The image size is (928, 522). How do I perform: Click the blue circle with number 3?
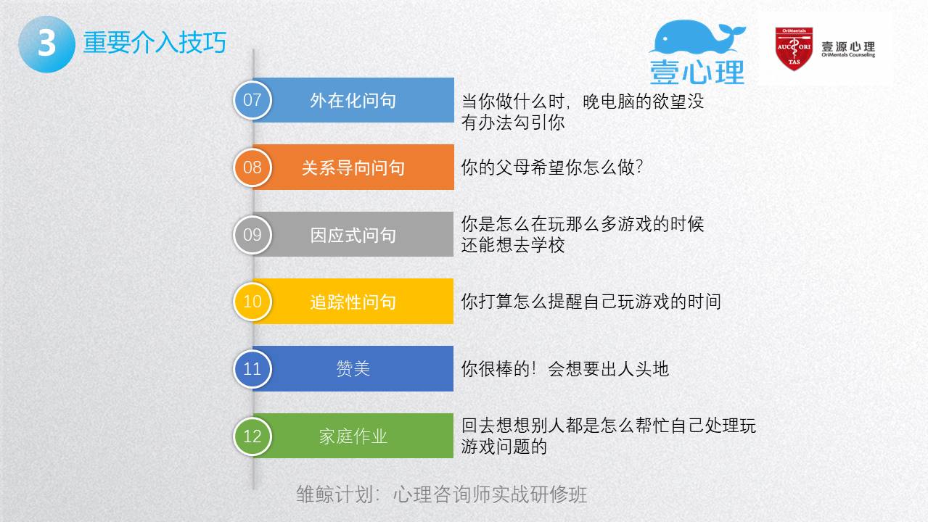(x=46, y=44)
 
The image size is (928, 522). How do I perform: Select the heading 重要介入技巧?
(x=155, y=43)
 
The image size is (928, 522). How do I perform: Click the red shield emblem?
(x=794, y=49)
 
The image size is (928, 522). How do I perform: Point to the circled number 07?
(x=252, y=100)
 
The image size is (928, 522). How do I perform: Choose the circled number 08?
(x=252, y=167)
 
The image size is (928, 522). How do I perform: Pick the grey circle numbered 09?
(x=252, y=235)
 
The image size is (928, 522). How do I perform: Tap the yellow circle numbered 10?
(x=252, y=302)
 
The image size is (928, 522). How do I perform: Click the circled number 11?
(x=252, y=369)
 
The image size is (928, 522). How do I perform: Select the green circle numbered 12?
(x=252, y=436)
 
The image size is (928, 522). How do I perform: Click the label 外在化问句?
(x=353, y=101)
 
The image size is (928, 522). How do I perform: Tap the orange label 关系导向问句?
(x=353, y=168)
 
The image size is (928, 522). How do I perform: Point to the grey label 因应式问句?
(x=353, y=236)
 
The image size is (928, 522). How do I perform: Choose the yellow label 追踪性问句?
(x=353, y=302)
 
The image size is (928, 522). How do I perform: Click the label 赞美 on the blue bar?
(x=353, y=369)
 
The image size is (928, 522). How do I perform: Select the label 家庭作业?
(x=353, y=436)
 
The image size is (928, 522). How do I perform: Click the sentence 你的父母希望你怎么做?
(x=552, y=167)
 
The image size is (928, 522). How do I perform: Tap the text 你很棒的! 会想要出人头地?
(x=564, y=369)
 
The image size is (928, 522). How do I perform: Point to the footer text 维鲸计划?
(x=334, y=494)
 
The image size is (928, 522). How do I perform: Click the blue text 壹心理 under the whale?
(x=697, y=72)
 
